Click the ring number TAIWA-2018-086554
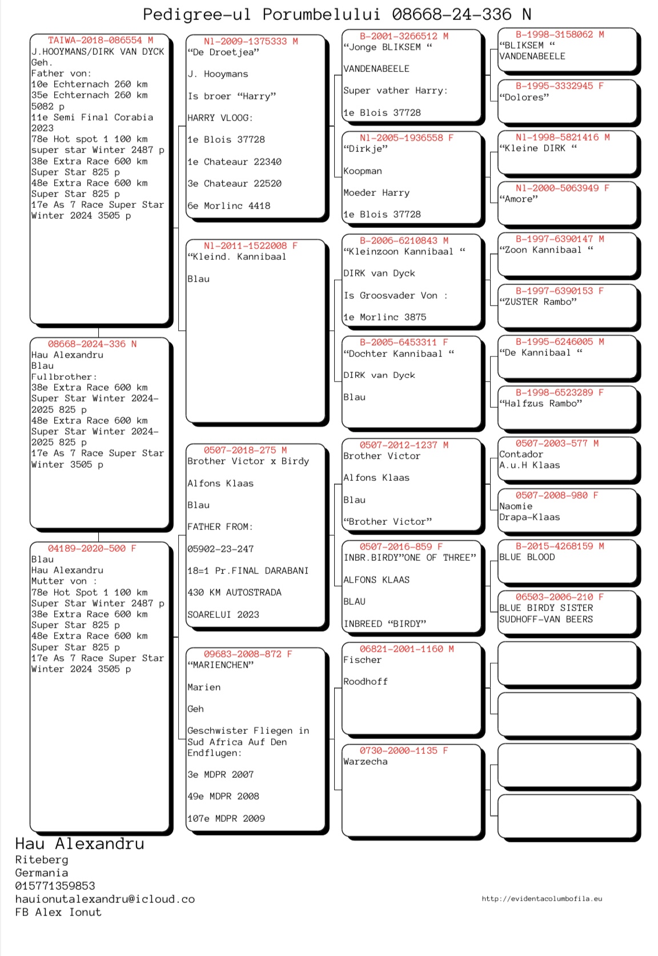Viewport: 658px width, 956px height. coord(95,41)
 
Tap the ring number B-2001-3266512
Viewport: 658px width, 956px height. coord(399,36)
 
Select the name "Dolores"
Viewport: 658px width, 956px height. coord(524,97)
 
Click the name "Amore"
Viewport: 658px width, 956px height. coord(519,199)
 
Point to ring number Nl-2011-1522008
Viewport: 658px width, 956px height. coord(246,246)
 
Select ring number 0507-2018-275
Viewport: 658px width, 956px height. coord(240,450)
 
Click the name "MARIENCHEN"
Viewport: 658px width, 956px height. coord(220,665)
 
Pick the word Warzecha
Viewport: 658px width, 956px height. coord(366,761)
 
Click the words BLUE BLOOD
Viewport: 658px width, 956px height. coord(527,557)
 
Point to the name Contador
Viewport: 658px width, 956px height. coord(521,454)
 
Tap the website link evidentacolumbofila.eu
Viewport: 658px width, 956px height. coord(541,898)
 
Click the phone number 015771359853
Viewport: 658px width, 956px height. coord(55,886)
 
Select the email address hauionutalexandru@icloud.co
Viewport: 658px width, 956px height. coord(105,899)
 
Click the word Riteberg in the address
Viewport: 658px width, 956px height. coord(42,859)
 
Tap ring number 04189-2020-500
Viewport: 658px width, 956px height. coord(87,548)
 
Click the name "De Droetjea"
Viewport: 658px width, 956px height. coord(223,52)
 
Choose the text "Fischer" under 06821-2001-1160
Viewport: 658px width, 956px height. coord(362,660)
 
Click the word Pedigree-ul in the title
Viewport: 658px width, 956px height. coord(197,14)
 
